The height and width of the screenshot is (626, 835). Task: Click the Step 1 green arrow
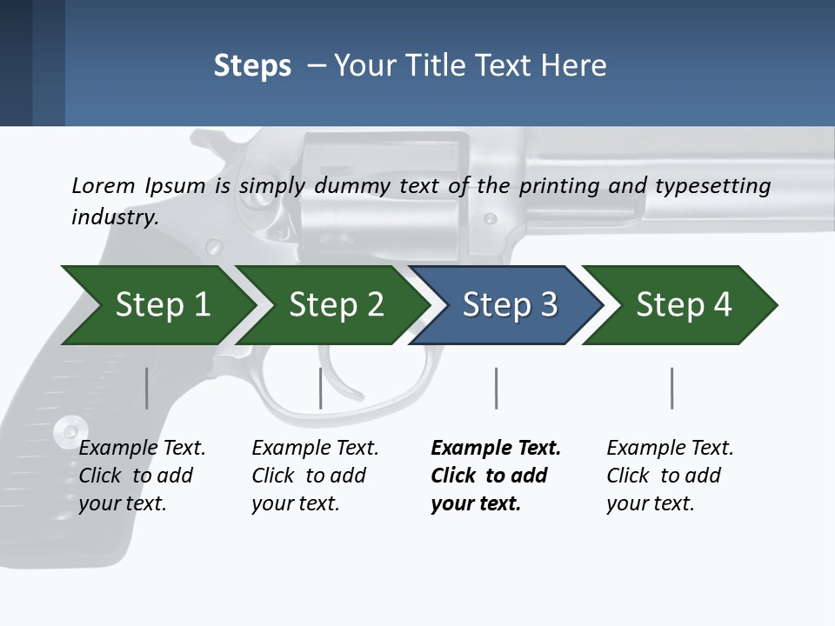[x=161, y=305]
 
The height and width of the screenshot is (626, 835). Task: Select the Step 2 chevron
[x=335, y=305]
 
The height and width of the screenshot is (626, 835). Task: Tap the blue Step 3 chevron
[x=509, y=305]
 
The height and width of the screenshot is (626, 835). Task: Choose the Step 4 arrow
[x=683, y=305]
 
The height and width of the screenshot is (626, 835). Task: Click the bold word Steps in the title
[x=252, y=66]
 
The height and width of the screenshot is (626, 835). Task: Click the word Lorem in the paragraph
[x=104, y=185]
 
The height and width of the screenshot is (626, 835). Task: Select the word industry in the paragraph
[x=115, y=216]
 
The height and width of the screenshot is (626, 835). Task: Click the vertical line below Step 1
[x=147, y=388]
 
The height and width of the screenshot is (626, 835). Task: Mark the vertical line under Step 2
[x=321, y=388]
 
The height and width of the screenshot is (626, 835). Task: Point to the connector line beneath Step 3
[x=497, y=388]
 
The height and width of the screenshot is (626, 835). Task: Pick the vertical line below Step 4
[x=671, y=388]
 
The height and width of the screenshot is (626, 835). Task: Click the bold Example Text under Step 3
[x=496, y=449]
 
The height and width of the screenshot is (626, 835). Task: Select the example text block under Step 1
[x=142, y=476]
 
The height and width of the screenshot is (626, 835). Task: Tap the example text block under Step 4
[x=670, y=476]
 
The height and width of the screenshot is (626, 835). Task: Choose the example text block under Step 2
[x=315, y=476]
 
